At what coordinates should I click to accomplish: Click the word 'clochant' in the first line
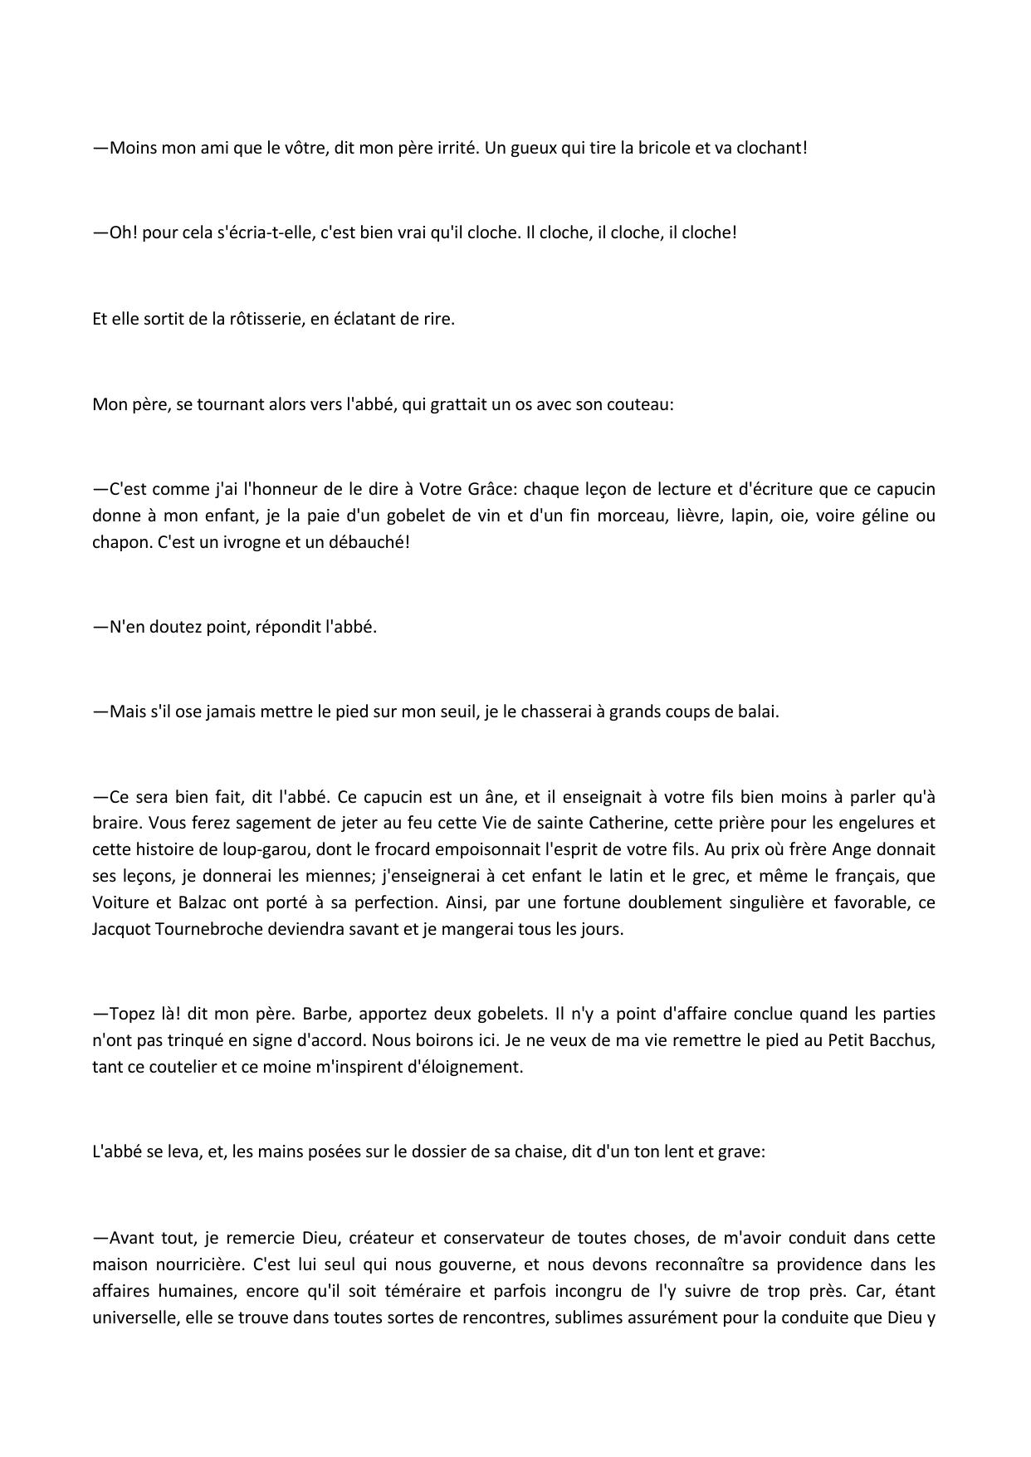coord(769,148)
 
